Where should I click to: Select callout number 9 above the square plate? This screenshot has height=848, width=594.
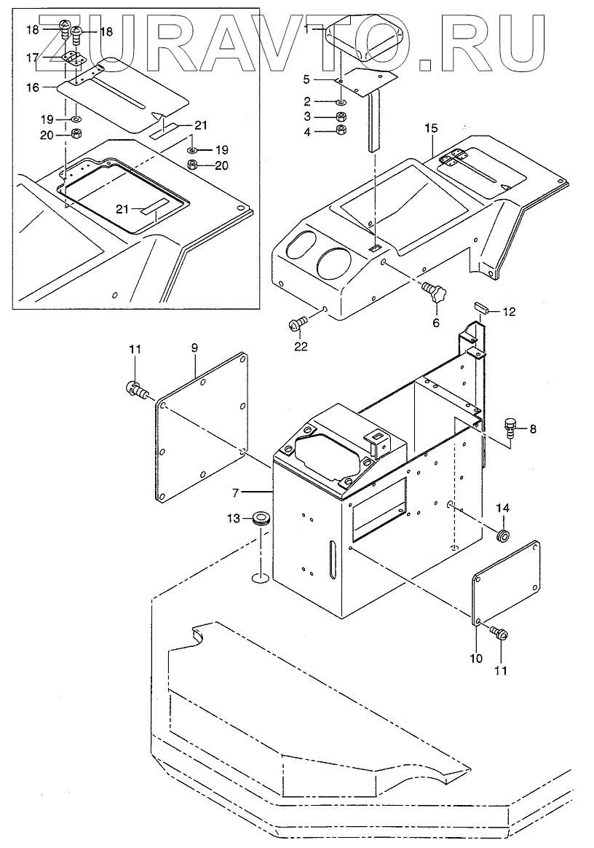194,349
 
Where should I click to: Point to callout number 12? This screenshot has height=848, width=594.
509,313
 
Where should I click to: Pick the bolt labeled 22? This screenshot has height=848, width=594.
298,321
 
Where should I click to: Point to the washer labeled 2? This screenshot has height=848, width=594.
340,102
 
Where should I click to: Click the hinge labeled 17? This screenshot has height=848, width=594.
73,59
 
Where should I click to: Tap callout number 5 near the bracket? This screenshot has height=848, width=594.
306,78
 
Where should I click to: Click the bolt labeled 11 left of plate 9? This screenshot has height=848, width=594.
133,388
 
